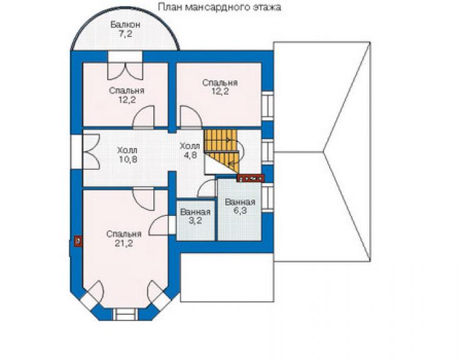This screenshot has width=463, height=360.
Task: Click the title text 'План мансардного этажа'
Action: pyautogui.click(x=219, y=7)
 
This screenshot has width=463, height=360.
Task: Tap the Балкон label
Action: pyautogui.click(x=125, y=24)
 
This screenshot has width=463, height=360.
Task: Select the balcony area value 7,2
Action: pyautogui.click(x=125, y=34)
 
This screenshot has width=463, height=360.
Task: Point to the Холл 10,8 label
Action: pyautogui.click(x=128, y=155)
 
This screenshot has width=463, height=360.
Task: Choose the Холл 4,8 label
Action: pyautogui.click(x=190, y=150)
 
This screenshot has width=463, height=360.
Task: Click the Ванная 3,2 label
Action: pyautogui.click(x=195, y=216)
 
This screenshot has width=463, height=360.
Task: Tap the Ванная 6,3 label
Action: pyautogui.click(x=240, y=207)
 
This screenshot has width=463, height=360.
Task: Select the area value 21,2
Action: pyautogui.click(x=124, y=244)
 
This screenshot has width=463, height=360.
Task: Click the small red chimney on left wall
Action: pyautogui.click(x=78, y=241)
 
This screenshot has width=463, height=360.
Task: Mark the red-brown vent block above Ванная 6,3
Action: pyautogui.click(x=251, y=178)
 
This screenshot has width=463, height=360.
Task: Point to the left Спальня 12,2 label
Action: pyautogui.click(x=126, y=95)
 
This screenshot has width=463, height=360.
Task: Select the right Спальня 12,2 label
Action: pyautogui.click(x=220, y=87)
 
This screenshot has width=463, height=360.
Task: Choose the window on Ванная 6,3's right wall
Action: pyautogui.click(x=268, y=197)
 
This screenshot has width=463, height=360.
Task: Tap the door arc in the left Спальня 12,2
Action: pyautogui.click(x=143, y=117)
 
